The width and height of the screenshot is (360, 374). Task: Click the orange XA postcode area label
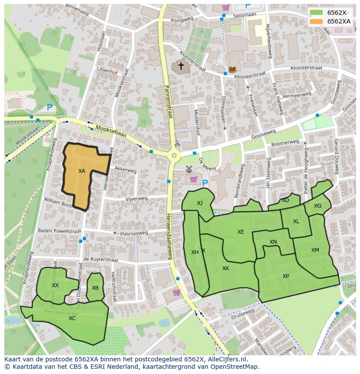(x=82, y=171)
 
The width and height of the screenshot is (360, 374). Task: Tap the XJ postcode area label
(x=200, y=203)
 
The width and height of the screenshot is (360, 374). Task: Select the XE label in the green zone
(x=240, y=232)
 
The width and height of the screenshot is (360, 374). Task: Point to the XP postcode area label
(x=286, y=276)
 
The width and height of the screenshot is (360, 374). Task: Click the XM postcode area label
(x=315, y=250)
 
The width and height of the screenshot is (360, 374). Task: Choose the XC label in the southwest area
(x=72, y=318)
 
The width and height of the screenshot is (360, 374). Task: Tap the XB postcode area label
(x=95, y=288)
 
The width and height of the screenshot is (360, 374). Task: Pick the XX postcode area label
(x=55, y=285)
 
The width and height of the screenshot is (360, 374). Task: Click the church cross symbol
(x=180, y=66)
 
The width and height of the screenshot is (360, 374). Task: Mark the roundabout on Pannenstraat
(x=174, y=155)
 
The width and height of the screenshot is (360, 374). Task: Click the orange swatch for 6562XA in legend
(x=316, y=21)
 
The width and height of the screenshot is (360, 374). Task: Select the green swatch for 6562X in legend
(x=316, y=13)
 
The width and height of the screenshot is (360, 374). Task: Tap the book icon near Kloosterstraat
(x=232, y=70)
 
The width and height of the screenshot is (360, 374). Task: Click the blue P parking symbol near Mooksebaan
(x=50, y=107)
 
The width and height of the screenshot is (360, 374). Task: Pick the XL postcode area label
(x=296, y=222)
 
